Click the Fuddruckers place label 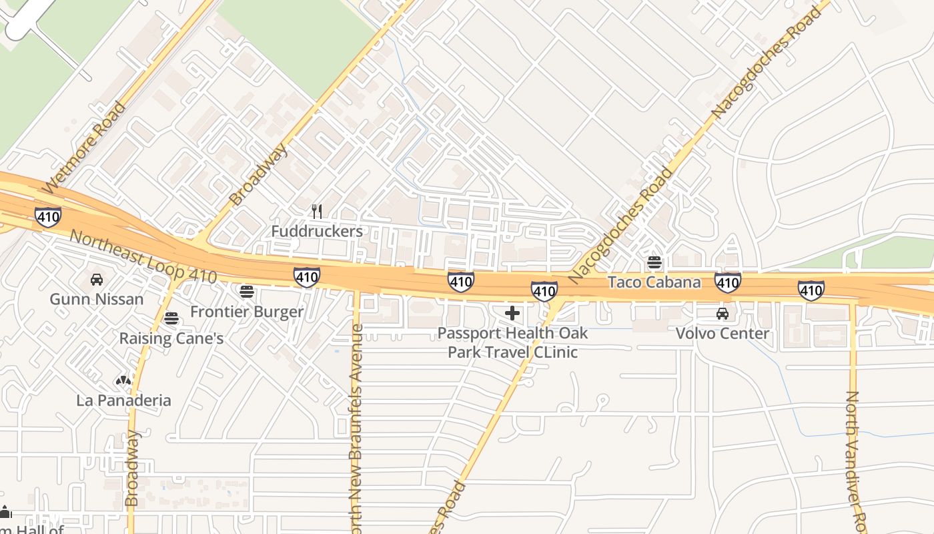coord(317,231)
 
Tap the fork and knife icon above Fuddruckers coord(317,212)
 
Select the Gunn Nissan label coord(96,298)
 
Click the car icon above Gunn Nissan coord(96,279)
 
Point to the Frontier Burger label coord(247,311)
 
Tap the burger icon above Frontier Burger coord(247,291)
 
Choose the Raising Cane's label coord(171,338)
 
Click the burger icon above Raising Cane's coord(171,318)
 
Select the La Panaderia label coord(123,400)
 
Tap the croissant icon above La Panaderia coord(123,380)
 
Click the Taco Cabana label coord(654,282)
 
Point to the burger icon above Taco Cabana coord(654,262)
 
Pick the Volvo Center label coord(723,332)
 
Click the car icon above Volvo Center coord(722,313)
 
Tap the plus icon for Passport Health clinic coord(512,312)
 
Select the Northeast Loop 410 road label coord(143,257)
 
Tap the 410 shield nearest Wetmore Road coord(48,216)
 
